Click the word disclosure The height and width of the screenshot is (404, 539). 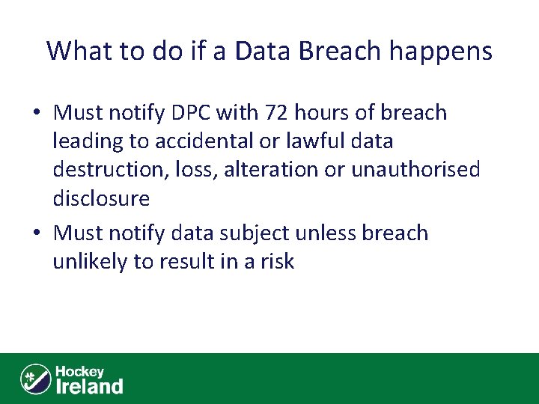click(x=101, y=198)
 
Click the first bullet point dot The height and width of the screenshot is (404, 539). click(x=37, y=114)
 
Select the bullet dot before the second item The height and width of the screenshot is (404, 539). click(x=37, y=234)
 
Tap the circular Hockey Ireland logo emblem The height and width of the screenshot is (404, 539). click(x=34, y=379)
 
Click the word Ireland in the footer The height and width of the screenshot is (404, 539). click(x=89, y=386)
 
